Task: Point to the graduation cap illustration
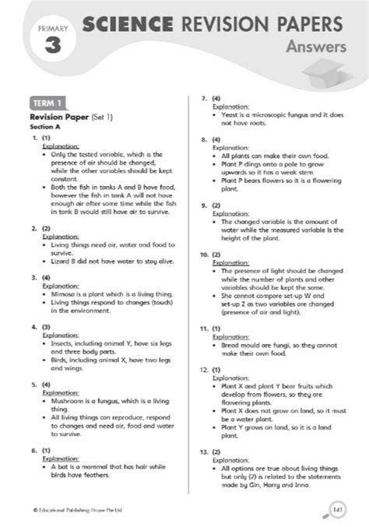[323, 75]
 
